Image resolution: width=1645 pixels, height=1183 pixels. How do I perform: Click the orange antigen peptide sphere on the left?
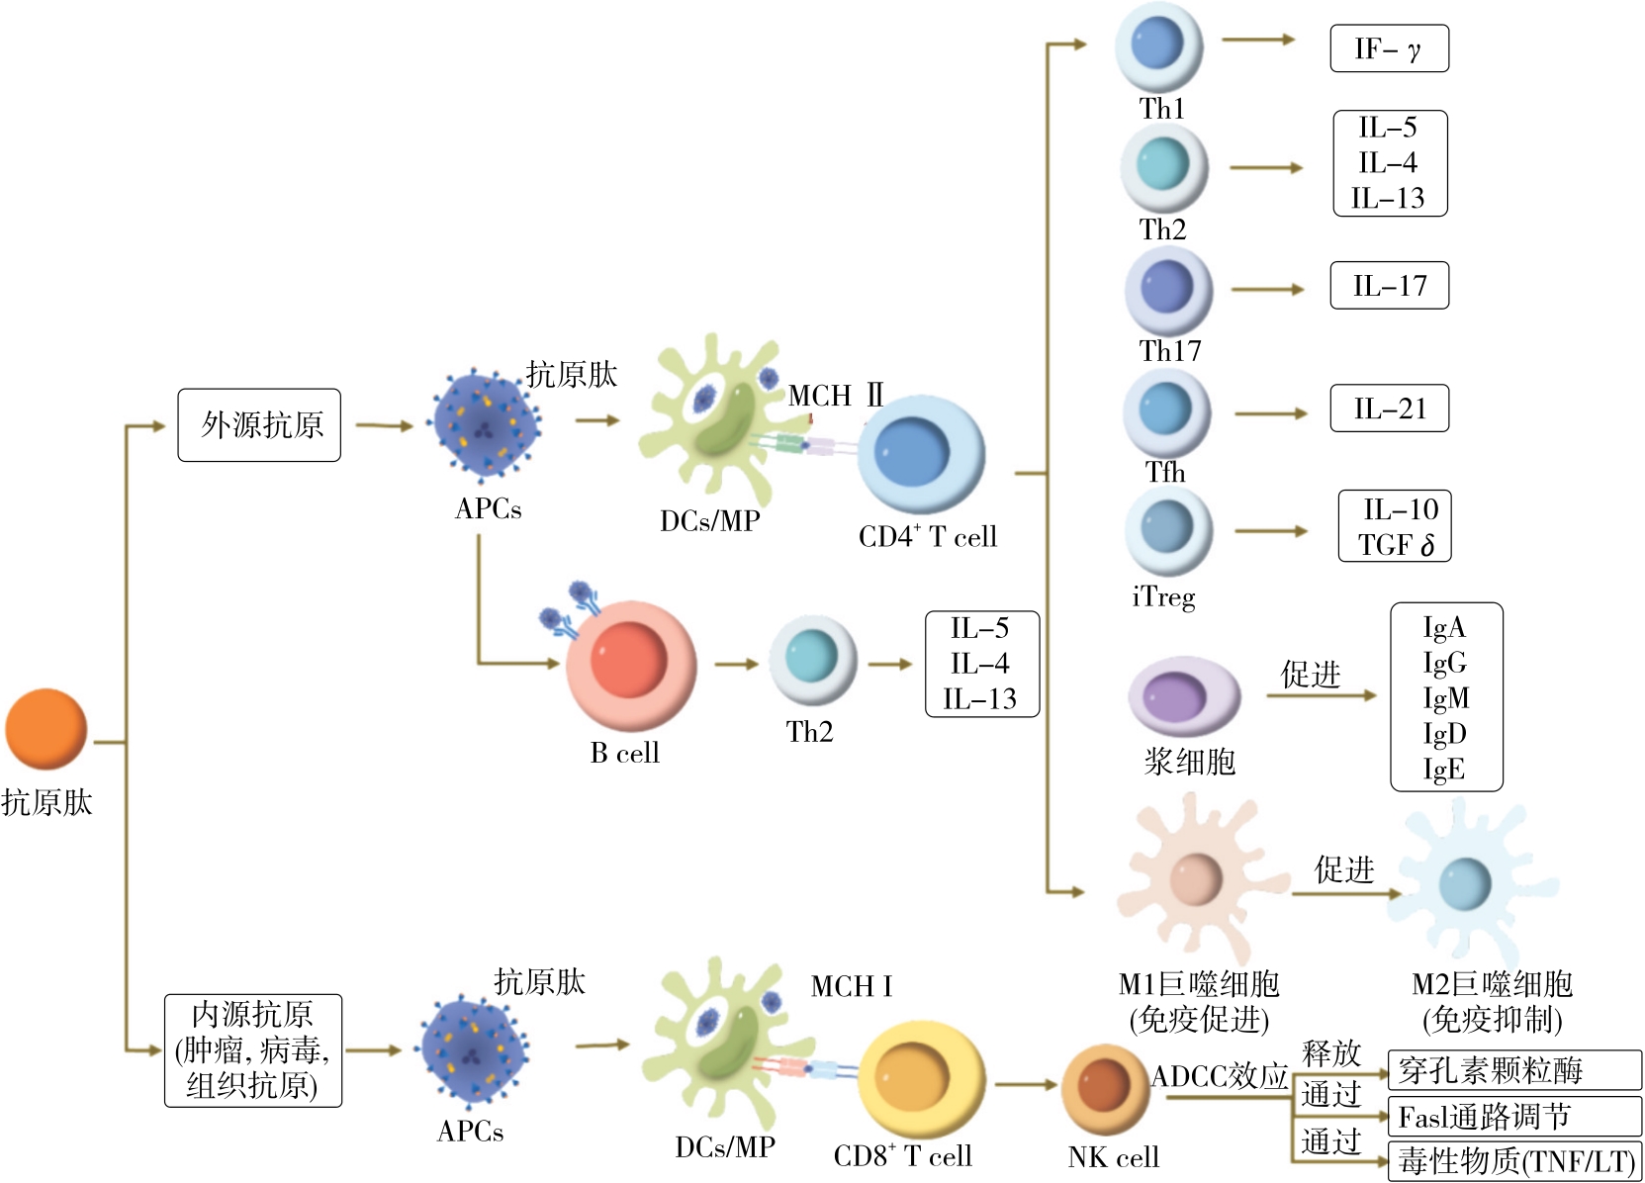(x=46, y=729)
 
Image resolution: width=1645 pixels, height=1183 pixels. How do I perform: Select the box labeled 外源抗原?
(x=259, y=425)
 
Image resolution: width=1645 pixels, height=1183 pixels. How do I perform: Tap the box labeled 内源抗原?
(x=253, y=1050)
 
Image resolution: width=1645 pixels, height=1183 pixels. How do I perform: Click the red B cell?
(x=630, y=665)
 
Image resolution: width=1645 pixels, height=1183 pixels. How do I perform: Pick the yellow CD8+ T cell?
(x=921, y=1082)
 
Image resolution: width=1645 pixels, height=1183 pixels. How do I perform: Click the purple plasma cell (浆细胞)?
(x=1182, y=696)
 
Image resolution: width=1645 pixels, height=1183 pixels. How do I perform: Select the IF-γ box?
(x=1389, y=48)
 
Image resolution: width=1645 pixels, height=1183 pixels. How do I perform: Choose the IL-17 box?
(x=1389, y=286)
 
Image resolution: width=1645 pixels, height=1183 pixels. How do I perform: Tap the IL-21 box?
(x=1389, y=409)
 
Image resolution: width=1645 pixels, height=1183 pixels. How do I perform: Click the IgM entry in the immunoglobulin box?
(x=1445, y=698)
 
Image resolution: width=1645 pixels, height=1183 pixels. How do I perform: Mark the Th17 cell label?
(x=1169, y=351)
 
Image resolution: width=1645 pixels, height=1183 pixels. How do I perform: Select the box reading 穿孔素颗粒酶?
(x=1513, y=1070)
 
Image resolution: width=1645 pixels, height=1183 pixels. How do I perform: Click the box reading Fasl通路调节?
(x=1513, y=1117)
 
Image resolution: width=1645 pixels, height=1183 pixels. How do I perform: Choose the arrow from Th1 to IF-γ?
(x=1258, y=40)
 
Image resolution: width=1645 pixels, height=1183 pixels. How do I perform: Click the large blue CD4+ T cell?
(x=920, y=455)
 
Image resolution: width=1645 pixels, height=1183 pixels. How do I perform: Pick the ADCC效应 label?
(x=1220, y=1076)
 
